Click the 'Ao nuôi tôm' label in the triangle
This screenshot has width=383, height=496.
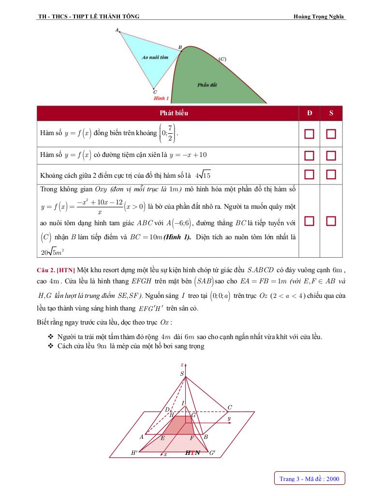[155, 57]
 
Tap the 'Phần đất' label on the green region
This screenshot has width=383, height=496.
[207, 85]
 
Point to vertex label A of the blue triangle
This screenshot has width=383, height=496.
[117, 30]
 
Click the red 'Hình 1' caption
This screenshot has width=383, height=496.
[161, 98]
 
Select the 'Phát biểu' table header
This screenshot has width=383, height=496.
[174, 113]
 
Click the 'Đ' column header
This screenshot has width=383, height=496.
[309, 113]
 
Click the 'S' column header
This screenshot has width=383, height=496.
[331, 113]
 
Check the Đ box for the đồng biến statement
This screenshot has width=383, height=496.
[309, 134]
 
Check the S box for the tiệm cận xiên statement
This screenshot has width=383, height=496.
[331, 155]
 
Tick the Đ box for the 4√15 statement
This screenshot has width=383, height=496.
[309, 174]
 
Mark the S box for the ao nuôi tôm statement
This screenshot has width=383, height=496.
[331, 221]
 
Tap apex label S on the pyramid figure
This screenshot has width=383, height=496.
[182, 373]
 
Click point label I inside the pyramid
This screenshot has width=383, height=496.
[183, 403]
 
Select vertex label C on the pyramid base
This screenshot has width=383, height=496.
[230, 407]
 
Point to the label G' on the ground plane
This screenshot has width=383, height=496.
[213, 453]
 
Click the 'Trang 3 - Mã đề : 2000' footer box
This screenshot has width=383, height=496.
[309, 479]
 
